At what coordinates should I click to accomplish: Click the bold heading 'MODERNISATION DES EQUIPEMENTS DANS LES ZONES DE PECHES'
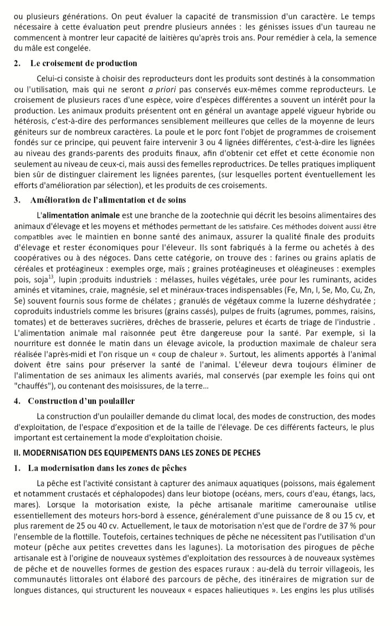tap(137, 452)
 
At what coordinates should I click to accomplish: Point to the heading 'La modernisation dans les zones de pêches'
tap(108, 467)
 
